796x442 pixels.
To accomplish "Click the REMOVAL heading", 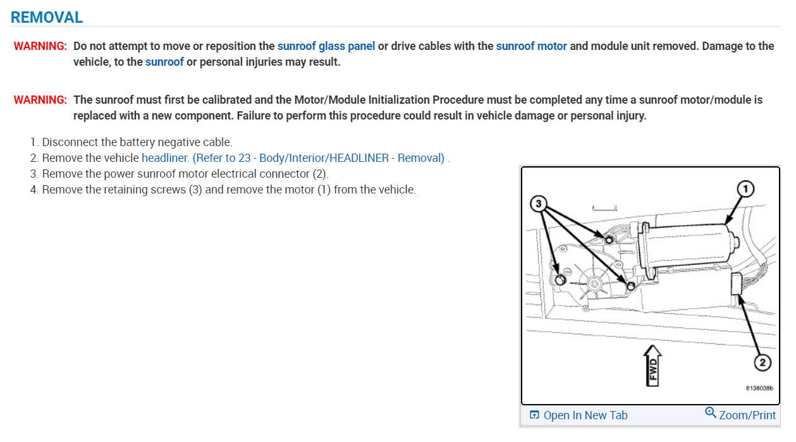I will pyautogui.click(x=47, y=17).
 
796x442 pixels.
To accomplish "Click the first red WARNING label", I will pyautogui.click(x=40, y=46).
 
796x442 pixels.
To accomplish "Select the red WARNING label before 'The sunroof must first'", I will pyautogui.click(x=40, y=100).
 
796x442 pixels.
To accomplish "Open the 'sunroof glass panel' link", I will pyautogui.click(x=326, y=46).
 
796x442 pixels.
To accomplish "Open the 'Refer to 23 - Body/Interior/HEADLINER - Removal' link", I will pyautogui.click(x=319, y=158).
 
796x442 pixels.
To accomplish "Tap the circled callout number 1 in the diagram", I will pyautogui.click(x=746, y=189).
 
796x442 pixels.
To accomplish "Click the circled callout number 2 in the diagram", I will pyautogui.click(x=762, y=363).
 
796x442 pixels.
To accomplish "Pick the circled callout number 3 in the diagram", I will pyautogui.click(x=538, y=204).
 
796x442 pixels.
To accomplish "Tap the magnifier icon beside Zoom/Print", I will pyautogui.click(x=711, y=414).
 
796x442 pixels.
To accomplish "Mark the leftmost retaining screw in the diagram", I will pyautogui.click(x=560, y=280).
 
